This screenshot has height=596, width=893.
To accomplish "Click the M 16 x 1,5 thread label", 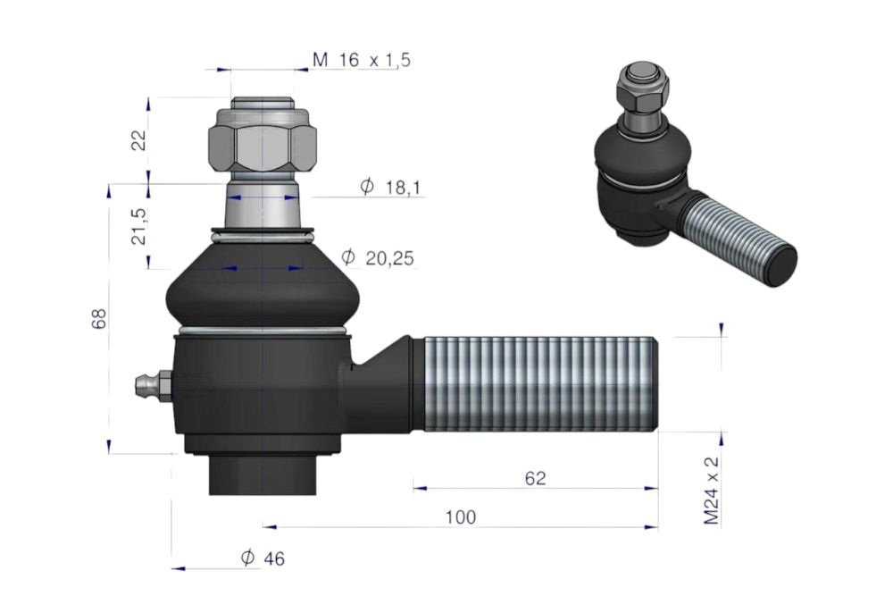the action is pos(361,59).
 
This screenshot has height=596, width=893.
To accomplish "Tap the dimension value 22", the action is pos(139,140).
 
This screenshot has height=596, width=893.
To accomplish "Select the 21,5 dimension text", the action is pos(139,226).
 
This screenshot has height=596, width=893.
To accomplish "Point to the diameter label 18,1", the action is pos(391,187).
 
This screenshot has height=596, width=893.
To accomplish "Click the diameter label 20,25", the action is pos(378,258).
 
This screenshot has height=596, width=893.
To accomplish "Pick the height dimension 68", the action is pos(98,318).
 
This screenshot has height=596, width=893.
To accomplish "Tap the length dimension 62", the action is pos(535,478).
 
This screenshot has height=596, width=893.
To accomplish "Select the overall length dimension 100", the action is pos(460,517).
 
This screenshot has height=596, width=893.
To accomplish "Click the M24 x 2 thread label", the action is pos(712,490).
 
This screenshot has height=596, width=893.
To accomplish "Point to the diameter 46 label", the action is pos(263,558).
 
